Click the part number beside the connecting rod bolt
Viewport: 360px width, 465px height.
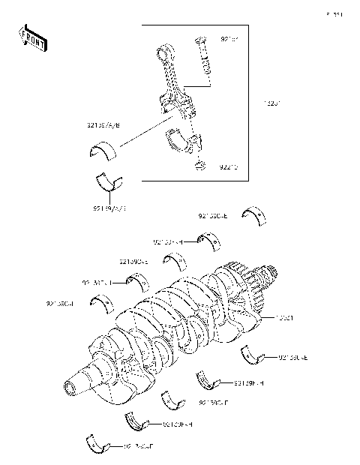[229, 38]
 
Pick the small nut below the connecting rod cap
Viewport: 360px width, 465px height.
[199, 164]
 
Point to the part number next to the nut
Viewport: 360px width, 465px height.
[229, 168]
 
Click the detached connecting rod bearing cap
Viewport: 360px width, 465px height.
[181, 137]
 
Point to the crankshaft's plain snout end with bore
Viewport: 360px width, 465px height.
[73, 386]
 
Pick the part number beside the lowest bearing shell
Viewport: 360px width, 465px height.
[138, 447]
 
